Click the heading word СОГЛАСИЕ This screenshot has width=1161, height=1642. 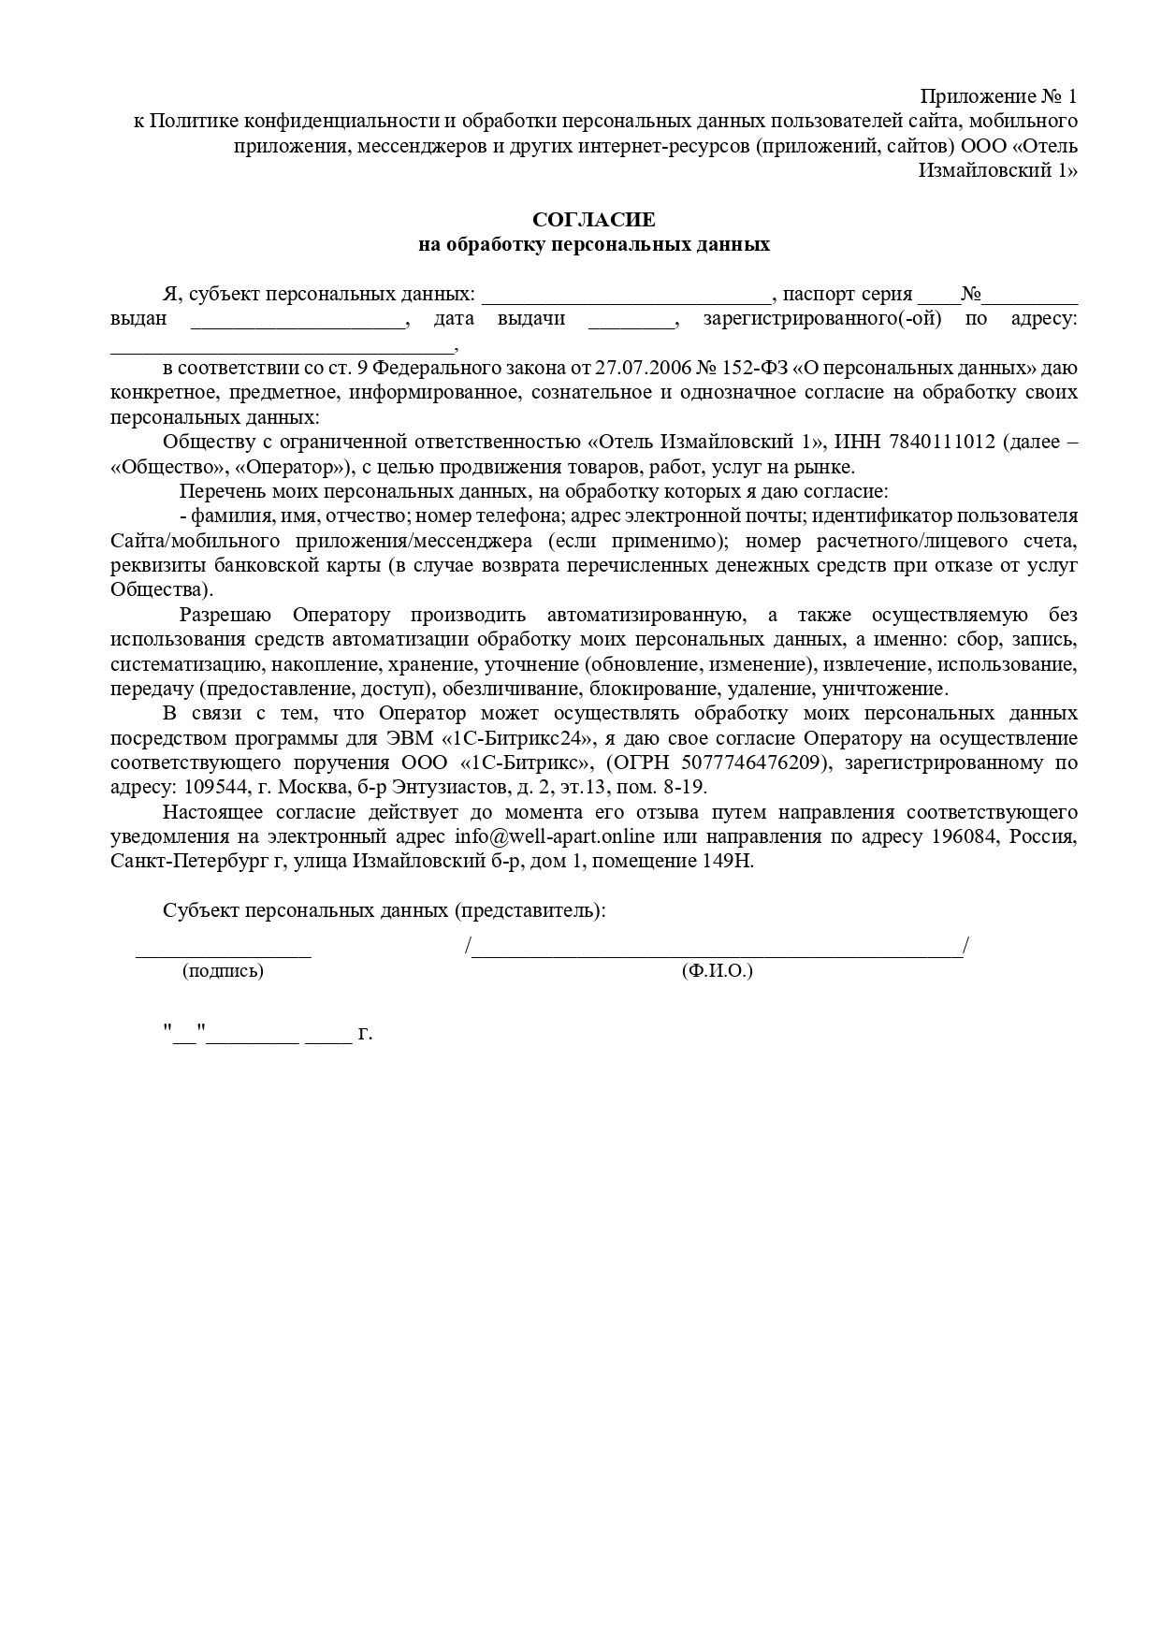[594, 220]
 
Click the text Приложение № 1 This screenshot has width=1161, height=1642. [998, 96]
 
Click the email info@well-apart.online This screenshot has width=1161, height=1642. [555, 836]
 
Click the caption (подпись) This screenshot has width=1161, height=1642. [223, 971]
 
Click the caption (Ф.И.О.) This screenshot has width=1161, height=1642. [718, 971]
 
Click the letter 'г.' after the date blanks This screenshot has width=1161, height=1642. [365, 1034]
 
